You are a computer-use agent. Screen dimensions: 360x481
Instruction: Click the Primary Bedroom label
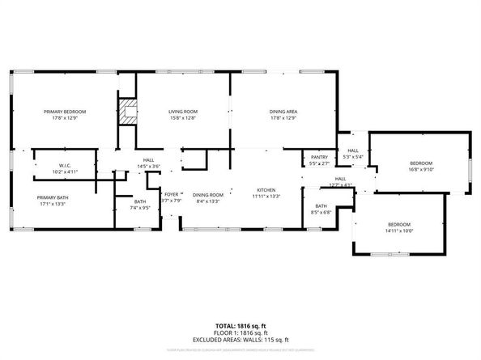(65, 112)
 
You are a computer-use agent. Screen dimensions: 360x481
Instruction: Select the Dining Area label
(283, 112)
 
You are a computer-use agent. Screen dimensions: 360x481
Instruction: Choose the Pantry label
(319, 158)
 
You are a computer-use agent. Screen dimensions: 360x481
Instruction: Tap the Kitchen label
(266, 189)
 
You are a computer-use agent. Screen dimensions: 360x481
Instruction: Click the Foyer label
(172, 194)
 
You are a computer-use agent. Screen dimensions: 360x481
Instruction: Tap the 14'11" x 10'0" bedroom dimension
(398, 231)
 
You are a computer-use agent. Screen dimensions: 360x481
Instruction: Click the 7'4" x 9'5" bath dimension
(141, 207)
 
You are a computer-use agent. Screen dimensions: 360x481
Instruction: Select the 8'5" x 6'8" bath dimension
(321, 213)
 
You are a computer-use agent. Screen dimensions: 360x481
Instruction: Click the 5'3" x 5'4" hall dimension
(353, 156)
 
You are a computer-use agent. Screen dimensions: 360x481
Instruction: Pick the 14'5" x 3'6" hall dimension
(149, 167)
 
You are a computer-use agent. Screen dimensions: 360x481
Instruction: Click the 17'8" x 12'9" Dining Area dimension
(283, 117)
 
